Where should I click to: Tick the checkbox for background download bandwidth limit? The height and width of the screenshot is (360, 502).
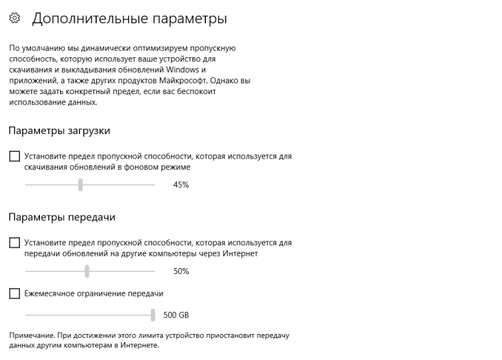click(15, 157)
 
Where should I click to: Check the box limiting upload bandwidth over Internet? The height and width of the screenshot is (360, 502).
click(15, 243)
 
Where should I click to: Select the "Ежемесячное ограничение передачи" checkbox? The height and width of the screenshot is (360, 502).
click(15, 293)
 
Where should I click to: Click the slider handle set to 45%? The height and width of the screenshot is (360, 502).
click(80, 185)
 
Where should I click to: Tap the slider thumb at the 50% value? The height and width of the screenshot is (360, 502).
click(87, 271)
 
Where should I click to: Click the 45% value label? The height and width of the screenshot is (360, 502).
click(181, 185)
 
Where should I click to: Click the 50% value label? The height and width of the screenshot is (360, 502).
click(181, 271)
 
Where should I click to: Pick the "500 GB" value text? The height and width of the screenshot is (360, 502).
click(180, 315)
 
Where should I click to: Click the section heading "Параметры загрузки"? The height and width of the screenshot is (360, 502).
click(59, 131)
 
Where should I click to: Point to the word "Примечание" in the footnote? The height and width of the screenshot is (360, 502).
click(29, 335)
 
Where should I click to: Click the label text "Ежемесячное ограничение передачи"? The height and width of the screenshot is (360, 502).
click(94, 293)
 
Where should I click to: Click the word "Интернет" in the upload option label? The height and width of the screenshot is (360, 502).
click(242, 254)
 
